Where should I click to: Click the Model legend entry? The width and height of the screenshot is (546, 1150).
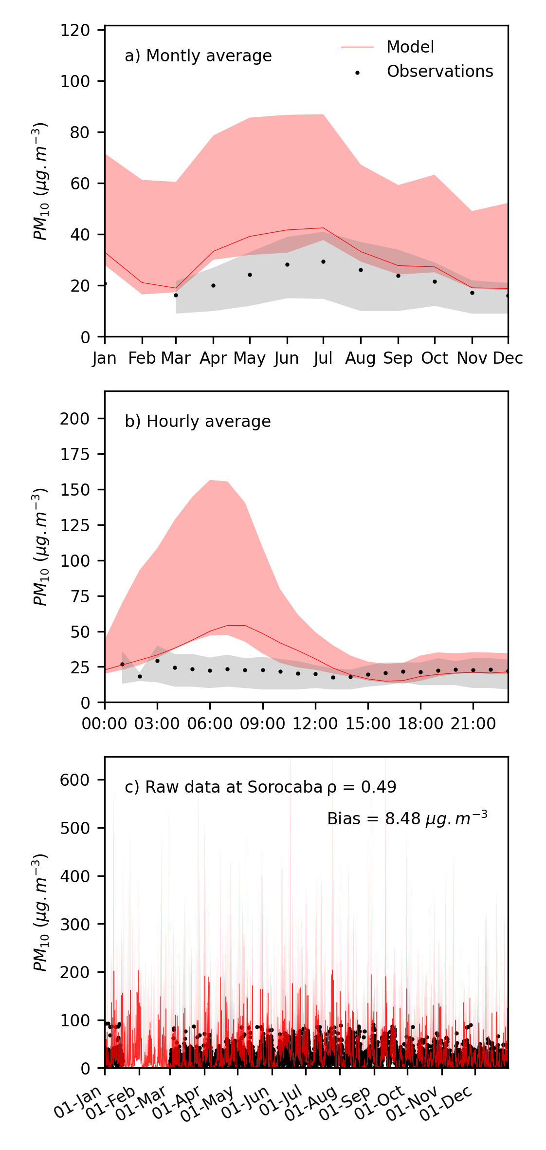click(x=410, y=47)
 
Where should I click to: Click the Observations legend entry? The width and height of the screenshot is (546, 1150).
click(x=439, y=72)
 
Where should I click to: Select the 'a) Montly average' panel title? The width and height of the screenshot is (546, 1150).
click(x=198, y=56)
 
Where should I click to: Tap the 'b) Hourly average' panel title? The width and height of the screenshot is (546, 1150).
click(x=198, y=422)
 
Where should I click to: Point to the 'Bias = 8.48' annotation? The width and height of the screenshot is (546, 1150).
click(x=407, y=819)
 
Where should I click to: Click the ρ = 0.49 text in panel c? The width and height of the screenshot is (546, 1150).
click(x=362, y=787)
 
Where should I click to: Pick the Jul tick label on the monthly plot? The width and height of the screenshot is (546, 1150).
click(x=323, y=358)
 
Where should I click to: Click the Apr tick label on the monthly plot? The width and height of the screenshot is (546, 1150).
click(x=213, y=358)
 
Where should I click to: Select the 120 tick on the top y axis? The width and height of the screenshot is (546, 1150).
click(x=75, y=30)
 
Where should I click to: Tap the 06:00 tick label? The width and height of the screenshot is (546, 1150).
click(x=210, y=724)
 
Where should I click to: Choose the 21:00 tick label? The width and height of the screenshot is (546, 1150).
click(x=473, y=724)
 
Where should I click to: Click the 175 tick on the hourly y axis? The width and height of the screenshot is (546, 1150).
click(x=75, y=454)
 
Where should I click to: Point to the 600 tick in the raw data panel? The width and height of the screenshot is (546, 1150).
click(x=75, y=780)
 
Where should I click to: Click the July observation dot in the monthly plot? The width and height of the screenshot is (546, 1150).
click(x=323, y=262)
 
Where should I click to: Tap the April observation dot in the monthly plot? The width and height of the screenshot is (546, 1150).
click(x=213, y=285)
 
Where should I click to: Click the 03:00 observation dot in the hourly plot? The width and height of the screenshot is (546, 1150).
click(x=157, y=661)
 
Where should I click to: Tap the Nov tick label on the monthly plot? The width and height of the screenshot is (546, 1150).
click(x=472, y=358)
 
